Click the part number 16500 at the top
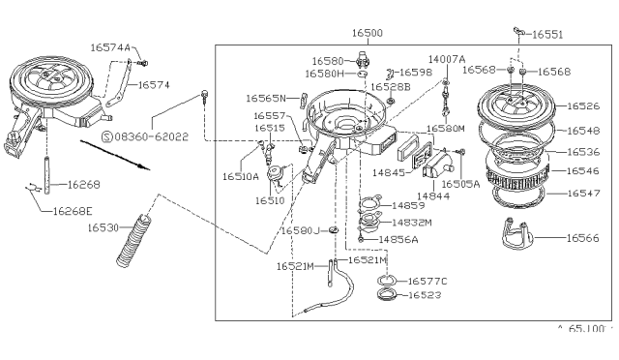click(x=368, y=33)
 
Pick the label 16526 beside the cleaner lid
click(x=583, y=105)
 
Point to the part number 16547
click(x=583, y=193)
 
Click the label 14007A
click(x=447, y=58)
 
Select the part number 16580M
click(x=447, y=128)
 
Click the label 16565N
click(x=264, y=98)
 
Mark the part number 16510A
click(x=241, y=177)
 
